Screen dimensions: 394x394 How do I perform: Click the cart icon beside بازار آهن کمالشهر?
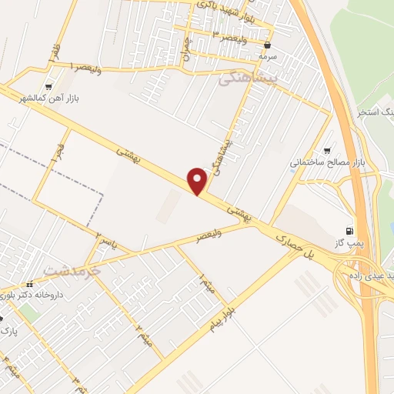coord(51,87)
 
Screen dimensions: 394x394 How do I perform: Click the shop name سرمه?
coord(267,56)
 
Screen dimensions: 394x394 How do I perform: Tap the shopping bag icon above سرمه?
coord(267,45)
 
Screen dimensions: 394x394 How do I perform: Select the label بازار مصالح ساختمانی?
coord(320,163)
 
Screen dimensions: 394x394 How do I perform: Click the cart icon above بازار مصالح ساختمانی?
coord(328,151)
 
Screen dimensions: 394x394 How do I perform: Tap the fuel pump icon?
coord(351,230)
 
